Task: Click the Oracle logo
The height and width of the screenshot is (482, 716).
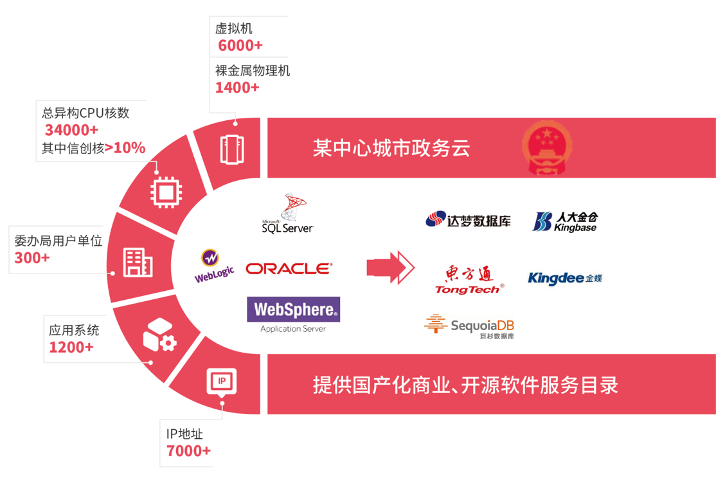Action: pyautogui.click(x=289, y=268)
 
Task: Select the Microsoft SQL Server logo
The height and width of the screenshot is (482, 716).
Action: pyautogui.click(x=288, y=214)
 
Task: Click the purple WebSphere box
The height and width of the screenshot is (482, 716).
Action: pyautogui.click(x=294, y=310)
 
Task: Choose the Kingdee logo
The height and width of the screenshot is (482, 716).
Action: pyautogui.click(x=564, y=278)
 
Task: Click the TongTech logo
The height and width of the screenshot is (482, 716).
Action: pyautogui.click(x=469, y=281)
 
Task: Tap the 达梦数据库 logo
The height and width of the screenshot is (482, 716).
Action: pyautogui.click(x=468, y=220)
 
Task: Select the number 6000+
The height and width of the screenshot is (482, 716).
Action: pyautogui.click(x=240, y=46)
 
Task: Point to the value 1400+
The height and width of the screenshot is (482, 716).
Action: pyautogui.click(x=237, y=88)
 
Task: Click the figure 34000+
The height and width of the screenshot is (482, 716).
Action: pyautogui.click(x=71, y=131)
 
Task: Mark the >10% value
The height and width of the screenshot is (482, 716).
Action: pyautogui.click(x=125, y=148)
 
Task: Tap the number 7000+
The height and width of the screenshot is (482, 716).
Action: pyautogui.click(x=188, y=451)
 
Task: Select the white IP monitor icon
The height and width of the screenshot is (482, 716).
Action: pyautogui.click(x=222, y=382)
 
